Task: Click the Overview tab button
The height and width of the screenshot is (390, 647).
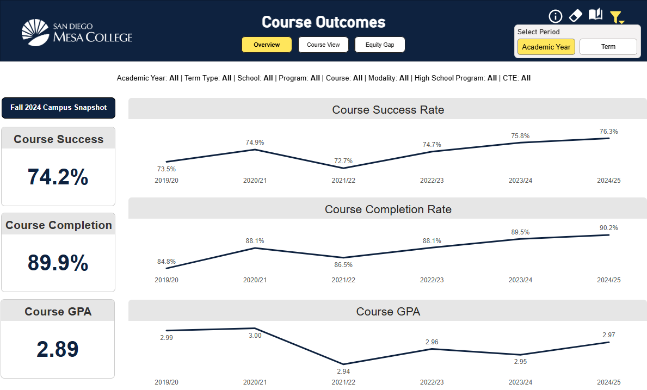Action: click(x=267, y=45)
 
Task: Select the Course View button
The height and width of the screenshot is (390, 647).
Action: click(x=323, y=45)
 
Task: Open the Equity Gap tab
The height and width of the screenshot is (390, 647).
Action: click(x=380, y=45)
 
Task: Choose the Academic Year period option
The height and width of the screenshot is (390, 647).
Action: click(x=546, y=47)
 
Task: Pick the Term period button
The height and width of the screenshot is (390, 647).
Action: click(x=608, y=47)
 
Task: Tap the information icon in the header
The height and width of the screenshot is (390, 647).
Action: click(x=555, y=16)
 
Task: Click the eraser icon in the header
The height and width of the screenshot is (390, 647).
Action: click(x=575, y=16)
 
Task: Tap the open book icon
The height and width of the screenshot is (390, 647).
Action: click(x=595, y=15)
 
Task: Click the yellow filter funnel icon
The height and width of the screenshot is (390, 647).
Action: click(x=616, y=17)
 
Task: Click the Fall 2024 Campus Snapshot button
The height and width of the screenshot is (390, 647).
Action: click(x=58, y=108)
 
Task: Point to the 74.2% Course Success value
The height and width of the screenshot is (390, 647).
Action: click(x=58, y=177)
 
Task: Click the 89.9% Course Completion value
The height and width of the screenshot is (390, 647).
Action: click(x=58, y=263)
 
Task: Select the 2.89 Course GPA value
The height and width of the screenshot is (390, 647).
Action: click(x=58, y=349)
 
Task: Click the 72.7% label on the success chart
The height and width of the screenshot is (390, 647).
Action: click(x=343, y=161)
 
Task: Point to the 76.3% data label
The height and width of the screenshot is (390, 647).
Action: click(x=609, y=132)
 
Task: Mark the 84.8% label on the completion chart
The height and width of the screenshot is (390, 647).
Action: click(x=167, y=262)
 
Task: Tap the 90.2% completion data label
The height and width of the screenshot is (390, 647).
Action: click(x=609, y=228)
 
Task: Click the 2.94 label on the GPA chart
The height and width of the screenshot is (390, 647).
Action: click(x=343, y=372)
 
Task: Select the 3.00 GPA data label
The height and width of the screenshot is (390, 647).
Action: click(x=255, y=336)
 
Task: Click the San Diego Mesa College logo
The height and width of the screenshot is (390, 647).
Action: click(x=77, y=32)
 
